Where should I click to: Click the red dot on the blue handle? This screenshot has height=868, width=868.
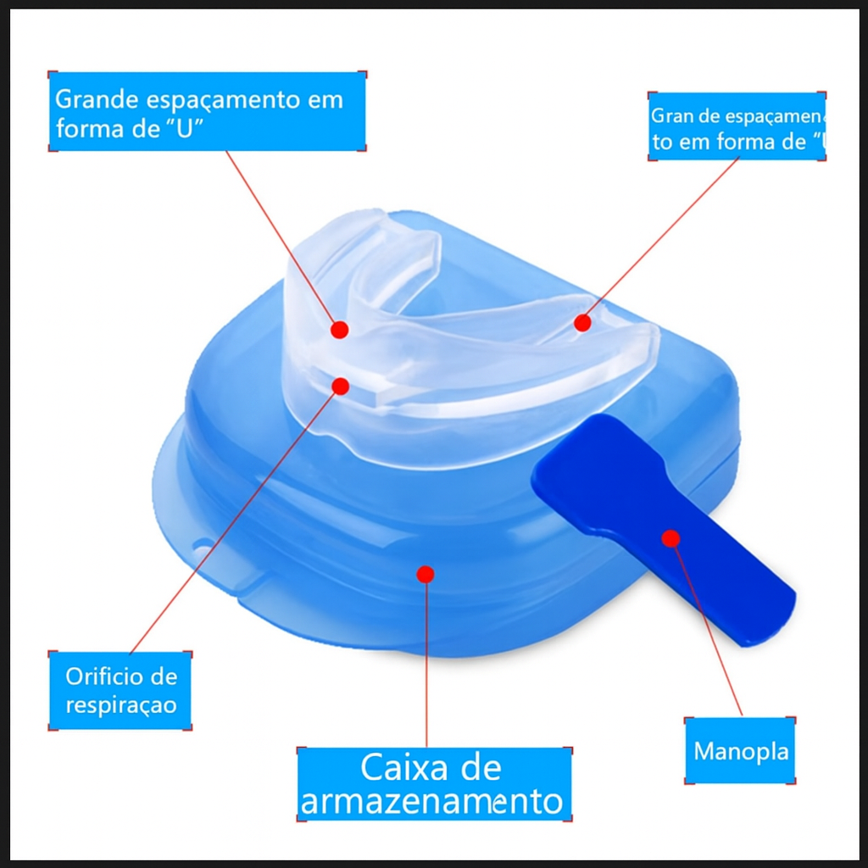[x=670, y=537]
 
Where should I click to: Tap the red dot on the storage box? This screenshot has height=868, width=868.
[x=426, y=574]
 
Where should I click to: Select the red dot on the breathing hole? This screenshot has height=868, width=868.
[x=341, y=387]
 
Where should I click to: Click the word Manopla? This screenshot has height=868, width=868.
[x=741, y=752]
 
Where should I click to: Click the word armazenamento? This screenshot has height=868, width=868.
[x=432, y=801]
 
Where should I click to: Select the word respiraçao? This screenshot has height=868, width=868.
[x=121, y=705]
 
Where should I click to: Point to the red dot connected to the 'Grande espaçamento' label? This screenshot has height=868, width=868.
[x=339, y=330]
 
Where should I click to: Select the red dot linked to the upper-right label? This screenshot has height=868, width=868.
[x=581, y=322]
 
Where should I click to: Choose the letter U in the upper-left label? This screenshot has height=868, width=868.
[x=185, y=131]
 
